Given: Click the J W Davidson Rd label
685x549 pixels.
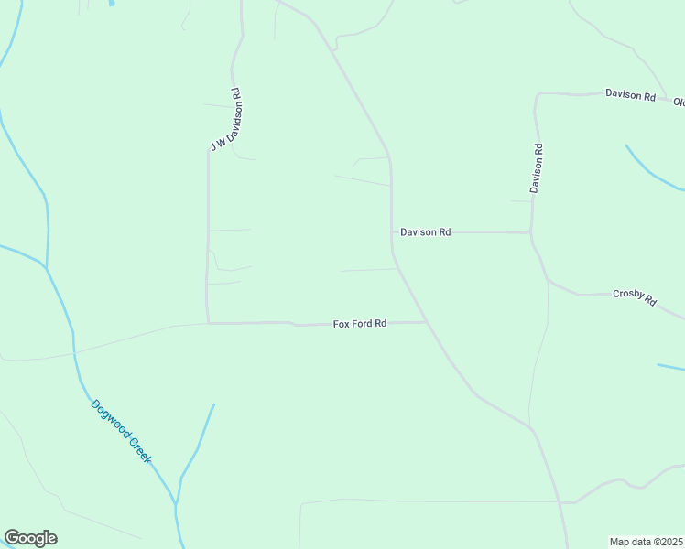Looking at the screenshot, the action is [224, 119].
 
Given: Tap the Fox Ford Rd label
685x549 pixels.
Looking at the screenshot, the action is [360, 324].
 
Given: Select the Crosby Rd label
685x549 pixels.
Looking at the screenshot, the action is [635, 296].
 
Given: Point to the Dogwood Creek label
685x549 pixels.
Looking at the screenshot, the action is [121, 431].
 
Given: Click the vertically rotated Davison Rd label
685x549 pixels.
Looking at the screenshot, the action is [538, 167].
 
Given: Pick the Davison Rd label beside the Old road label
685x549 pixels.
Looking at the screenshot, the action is [630, 94].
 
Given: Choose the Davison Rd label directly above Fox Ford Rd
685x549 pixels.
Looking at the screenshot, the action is [425, 232].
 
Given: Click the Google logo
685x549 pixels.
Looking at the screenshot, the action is [30, 538].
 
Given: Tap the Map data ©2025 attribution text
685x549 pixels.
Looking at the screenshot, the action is [647, 542].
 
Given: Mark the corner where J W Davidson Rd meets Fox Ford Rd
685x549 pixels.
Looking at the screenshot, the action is [208, 322].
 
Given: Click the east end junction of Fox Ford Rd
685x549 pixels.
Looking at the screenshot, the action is [428, 322].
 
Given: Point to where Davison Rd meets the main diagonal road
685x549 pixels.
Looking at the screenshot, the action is [393, 231].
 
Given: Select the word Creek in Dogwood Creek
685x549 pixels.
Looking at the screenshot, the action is [137, 447].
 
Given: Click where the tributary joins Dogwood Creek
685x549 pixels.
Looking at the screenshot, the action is [176, 503].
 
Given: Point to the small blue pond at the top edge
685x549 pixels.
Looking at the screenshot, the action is [112, 3].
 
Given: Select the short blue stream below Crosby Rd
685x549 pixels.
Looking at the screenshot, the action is [671, 368].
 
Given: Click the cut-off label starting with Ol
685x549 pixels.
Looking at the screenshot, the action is [679, 102].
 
